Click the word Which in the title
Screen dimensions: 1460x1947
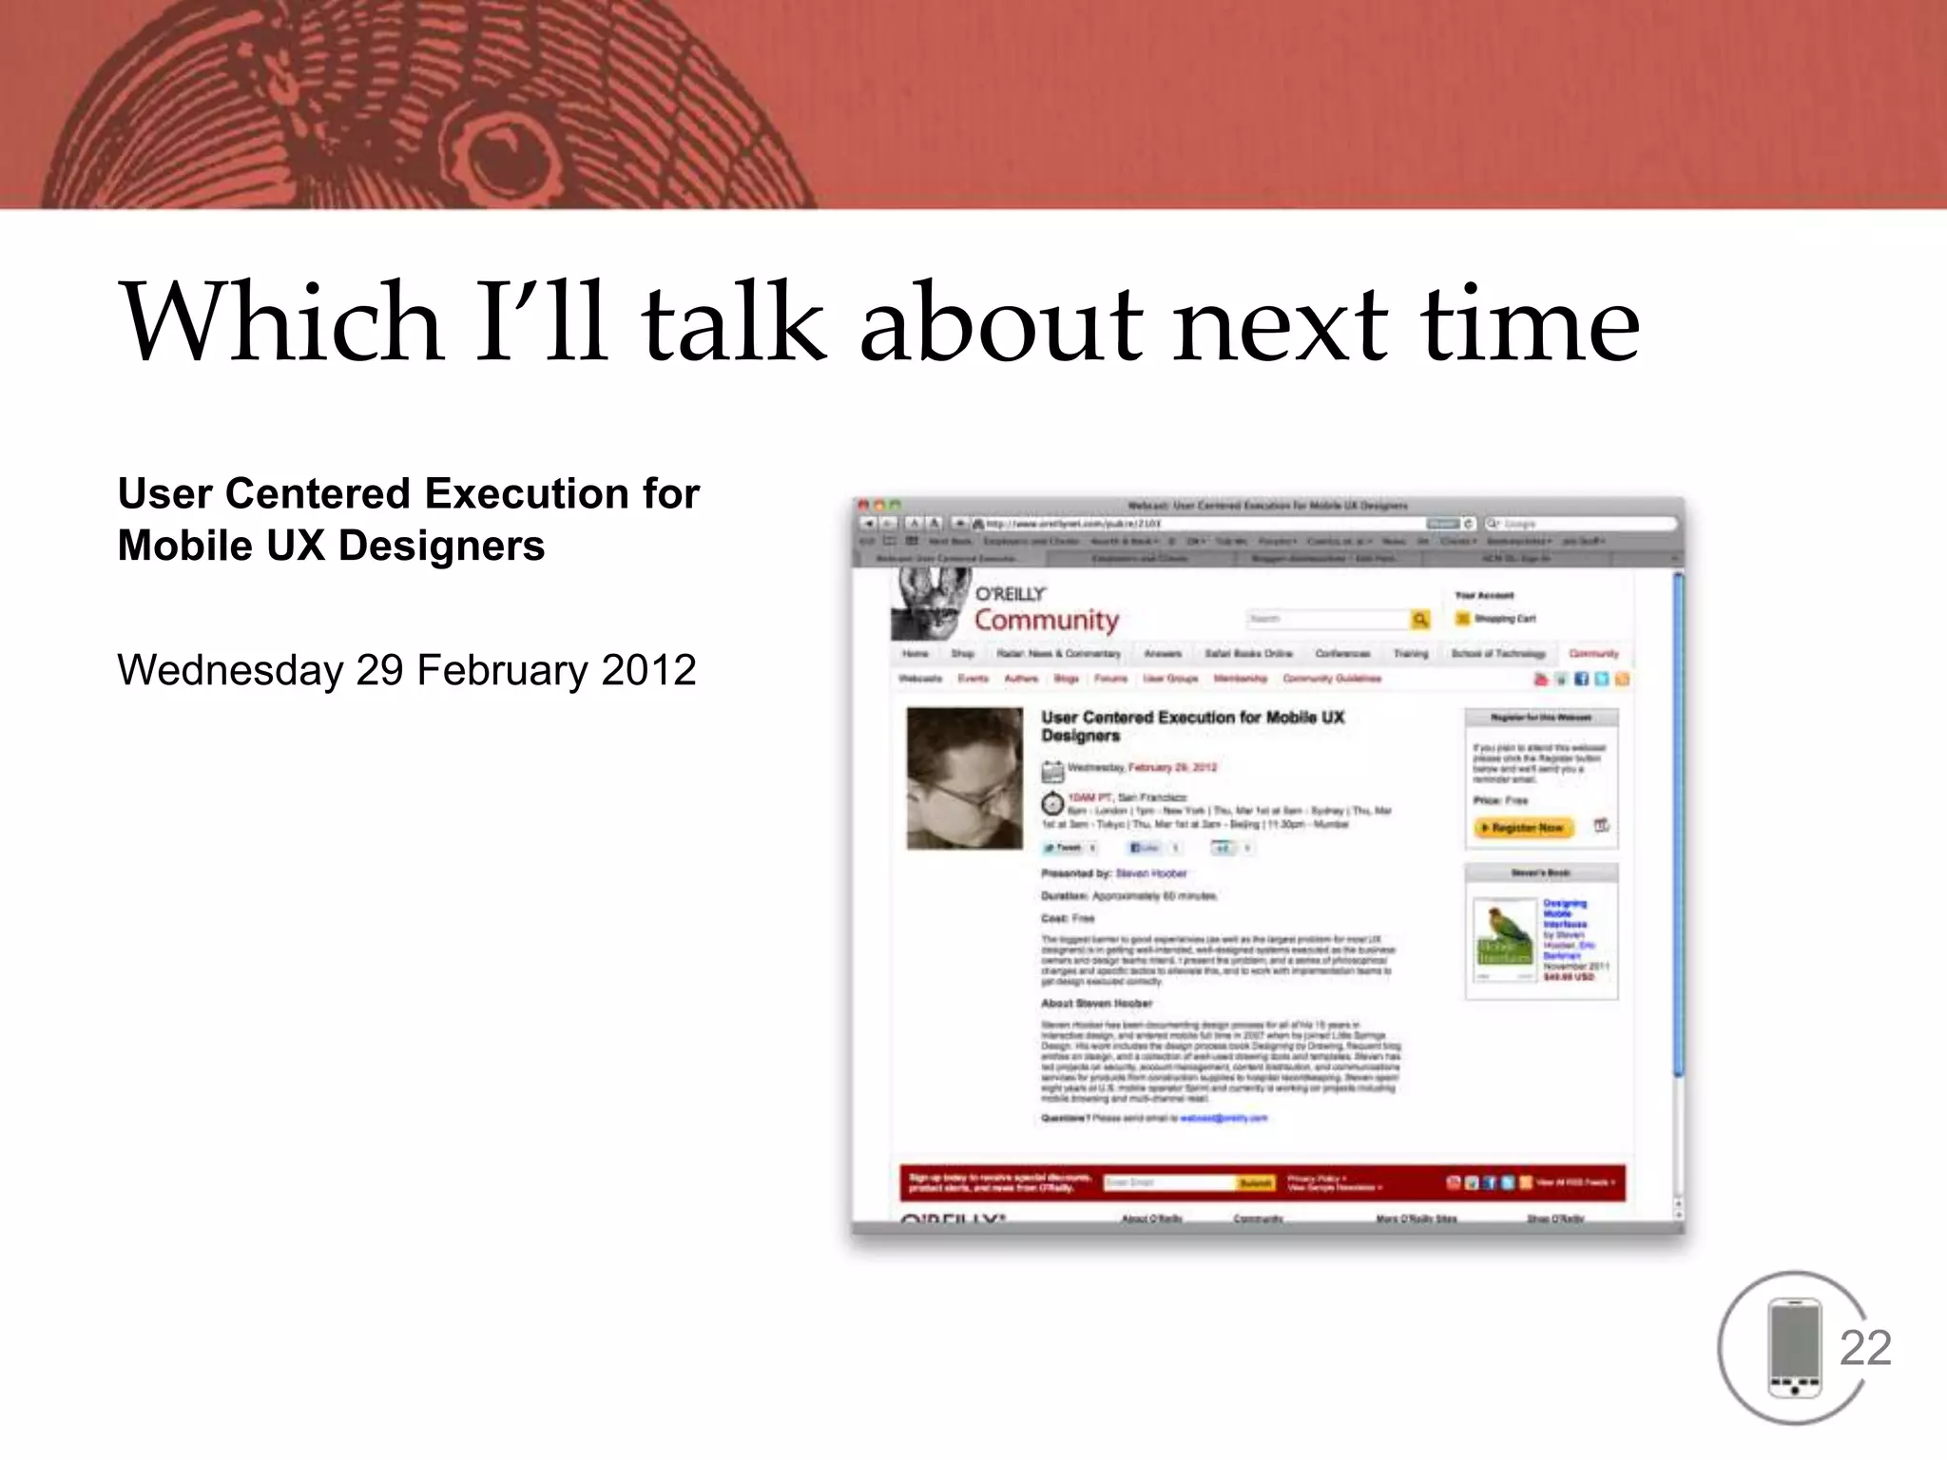[281, 323]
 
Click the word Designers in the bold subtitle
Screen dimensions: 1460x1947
[441, 547]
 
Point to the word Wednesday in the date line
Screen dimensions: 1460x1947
[229, 671]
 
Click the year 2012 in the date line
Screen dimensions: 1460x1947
[648, 671]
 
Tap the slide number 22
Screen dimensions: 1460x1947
[1864, 1348]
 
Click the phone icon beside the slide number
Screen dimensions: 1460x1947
[1794, 1348]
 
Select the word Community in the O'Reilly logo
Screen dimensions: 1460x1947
[1046, 621]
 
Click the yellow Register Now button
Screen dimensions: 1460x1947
[1525, 828]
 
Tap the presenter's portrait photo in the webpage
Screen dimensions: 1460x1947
[964, 778]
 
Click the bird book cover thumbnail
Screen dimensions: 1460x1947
[1504, 941]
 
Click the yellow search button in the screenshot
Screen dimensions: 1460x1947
[1420, 620]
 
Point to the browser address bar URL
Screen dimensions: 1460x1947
[1074, 524]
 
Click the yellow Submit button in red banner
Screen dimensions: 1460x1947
[1255, 1183]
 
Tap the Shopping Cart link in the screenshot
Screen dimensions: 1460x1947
[1504, 619]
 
